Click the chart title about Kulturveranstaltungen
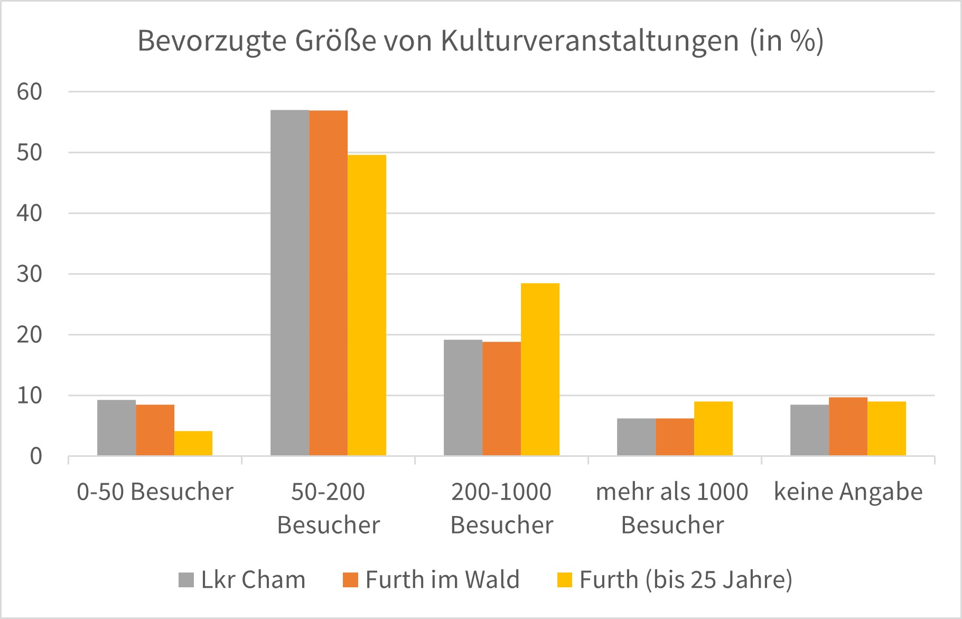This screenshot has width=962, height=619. pos(480,41)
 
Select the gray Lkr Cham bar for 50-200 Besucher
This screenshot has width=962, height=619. pos(289,283)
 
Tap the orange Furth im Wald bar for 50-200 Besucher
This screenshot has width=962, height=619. pos(328,283)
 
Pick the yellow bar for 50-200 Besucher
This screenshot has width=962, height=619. pos(367,305)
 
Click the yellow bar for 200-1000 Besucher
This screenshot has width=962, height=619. pos(540,369)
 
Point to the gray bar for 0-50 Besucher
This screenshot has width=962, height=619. pos(116,428)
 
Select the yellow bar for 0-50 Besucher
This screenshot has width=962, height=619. pos(193,443)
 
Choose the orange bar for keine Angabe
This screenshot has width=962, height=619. pos(848,426)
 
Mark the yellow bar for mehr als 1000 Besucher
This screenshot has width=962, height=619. pos(713,428)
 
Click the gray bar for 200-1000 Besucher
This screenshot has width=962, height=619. pos(463,397)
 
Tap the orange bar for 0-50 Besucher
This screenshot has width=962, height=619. pos(155,430)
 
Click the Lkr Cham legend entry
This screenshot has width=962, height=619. pos(242,580)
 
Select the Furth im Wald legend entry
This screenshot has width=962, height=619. pos(431,580)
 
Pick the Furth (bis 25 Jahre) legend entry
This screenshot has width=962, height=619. pos(675,580)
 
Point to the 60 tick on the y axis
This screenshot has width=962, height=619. pos(29,92)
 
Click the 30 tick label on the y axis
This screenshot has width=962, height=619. pos(29,274)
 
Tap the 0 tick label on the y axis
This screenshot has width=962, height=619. pos(35,456)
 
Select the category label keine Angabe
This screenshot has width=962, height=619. pos(848,492)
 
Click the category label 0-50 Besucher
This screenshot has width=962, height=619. pos(155,492)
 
